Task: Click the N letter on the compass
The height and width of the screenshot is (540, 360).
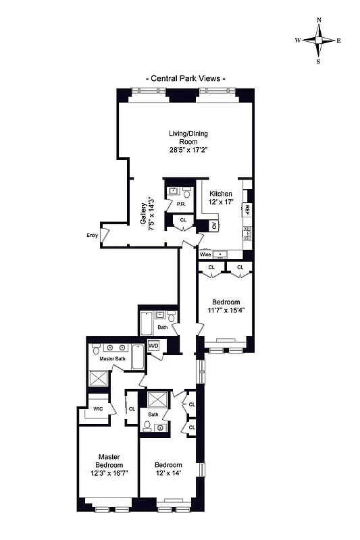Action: click(319, 20)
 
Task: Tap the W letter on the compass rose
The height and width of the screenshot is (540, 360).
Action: click(297, 40)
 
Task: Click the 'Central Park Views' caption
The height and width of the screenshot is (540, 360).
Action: click(186, 78)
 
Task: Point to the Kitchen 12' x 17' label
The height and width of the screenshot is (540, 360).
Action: click(220, 198)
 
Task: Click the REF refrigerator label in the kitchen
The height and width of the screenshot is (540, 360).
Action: click(247, 210)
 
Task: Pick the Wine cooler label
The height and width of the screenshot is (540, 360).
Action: click(205, 254)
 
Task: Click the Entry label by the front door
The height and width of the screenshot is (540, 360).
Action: click(93, 236)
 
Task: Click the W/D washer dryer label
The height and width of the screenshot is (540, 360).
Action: click(162, 346)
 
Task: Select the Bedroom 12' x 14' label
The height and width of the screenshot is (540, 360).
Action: click(168, 469)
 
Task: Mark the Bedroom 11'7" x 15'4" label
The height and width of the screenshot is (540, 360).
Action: click(227, 306)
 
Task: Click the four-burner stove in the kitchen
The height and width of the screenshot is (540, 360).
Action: click(247, 234)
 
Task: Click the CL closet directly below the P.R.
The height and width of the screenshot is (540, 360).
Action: click(183, 220)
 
